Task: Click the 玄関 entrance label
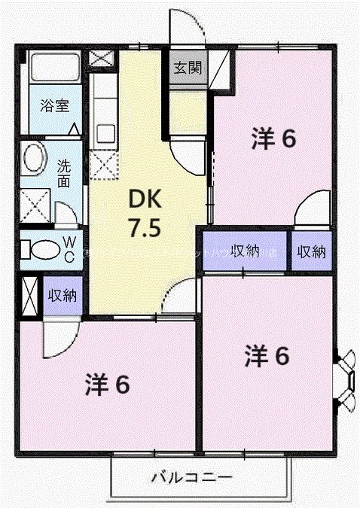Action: point(188,68)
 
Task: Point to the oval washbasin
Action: point(33,160)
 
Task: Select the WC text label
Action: point(69,248)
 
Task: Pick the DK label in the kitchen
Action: point(143,199)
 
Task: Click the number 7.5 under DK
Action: point(143,227)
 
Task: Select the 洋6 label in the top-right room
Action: point(273,138)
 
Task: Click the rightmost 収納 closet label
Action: point(312,252)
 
